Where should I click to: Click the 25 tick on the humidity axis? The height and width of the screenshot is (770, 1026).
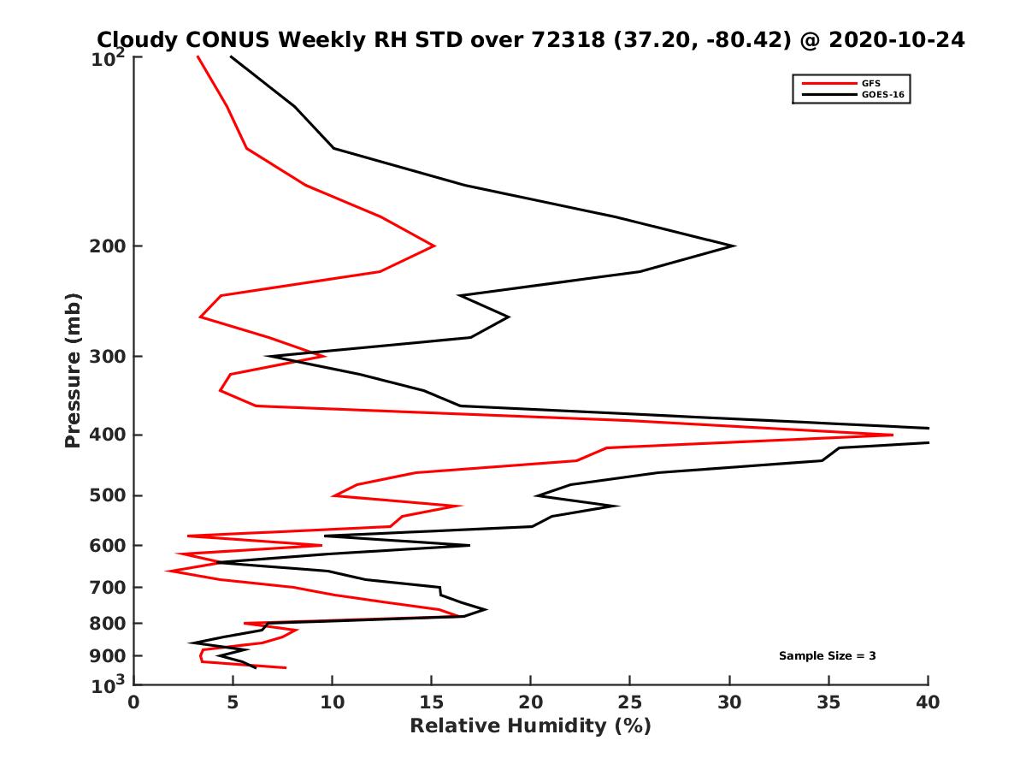coord(630,702)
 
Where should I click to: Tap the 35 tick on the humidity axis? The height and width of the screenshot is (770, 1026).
coord(828,702)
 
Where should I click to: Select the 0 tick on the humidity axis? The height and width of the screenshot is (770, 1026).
coord(134,702)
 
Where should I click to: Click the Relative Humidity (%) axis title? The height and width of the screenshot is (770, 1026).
coord(530,726)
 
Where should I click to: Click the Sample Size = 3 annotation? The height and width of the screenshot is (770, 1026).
coord(827,656)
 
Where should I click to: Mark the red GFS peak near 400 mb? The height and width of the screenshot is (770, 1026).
coord(892,435)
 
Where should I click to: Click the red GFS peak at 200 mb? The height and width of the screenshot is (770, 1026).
coord(434,246)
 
